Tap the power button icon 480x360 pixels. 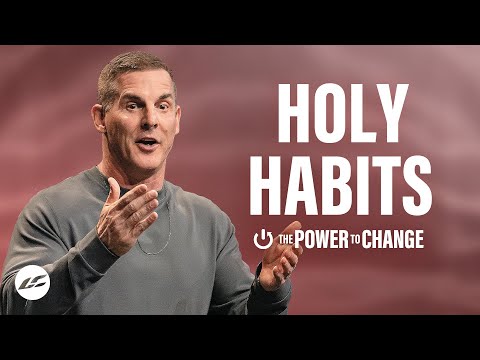coord(264,240)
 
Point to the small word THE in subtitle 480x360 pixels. coord(285,240)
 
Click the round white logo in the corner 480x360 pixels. coord(31,283)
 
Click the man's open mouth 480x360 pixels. coord(147,146)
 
